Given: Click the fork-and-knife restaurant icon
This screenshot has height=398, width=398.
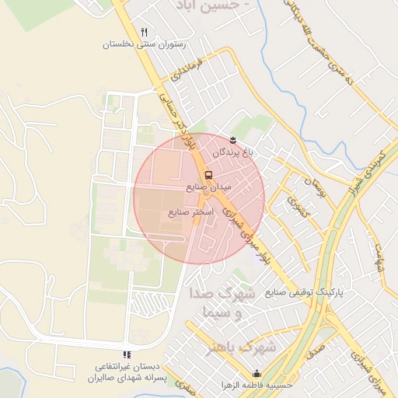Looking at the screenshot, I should tap(144, 32).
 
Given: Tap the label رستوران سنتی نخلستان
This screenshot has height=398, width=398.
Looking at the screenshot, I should tap(145, 45).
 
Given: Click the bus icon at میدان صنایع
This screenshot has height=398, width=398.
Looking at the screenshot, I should tap(208, 174).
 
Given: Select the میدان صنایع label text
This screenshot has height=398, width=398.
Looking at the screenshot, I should tap(205, 187).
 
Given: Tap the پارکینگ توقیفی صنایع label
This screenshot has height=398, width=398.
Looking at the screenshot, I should tap(304, 293).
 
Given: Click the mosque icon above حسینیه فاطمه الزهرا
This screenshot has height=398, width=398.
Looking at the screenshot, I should tap(257, 373).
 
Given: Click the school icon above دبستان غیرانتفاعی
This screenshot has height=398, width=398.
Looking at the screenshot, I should tap(127, 354).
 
